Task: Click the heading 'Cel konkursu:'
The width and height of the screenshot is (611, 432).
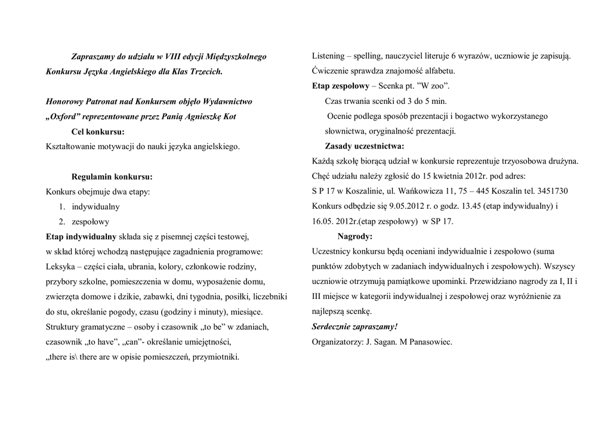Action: coord(98,132)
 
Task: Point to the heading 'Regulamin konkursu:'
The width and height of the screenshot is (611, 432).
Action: coord(112,177)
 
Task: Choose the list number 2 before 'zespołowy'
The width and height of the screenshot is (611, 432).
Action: coord(61,221)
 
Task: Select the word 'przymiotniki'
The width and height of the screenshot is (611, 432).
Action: coord(218,357)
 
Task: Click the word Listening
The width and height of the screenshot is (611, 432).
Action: coord(328,56)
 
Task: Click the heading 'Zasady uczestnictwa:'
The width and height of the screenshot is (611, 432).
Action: coord(364,146)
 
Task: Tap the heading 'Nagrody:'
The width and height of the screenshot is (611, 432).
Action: coord(355,236)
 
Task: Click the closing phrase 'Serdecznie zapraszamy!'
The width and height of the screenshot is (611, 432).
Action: coord(354,326)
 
